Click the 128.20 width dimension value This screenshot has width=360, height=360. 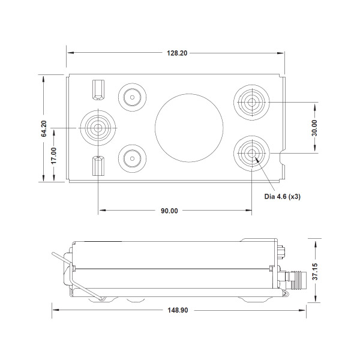coord(177,53)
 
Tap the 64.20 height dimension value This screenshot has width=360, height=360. coord(44,128)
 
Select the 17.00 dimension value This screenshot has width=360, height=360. coord(54,155)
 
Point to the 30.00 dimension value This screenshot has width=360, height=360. coord(314,128)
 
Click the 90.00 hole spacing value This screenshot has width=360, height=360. coord(169,211)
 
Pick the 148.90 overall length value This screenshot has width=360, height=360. coord(178,310)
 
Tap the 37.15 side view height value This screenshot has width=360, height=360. coord(315,272)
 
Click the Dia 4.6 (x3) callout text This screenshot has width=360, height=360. coord(282,197)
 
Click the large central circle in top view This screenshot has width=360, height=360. coord(189,128)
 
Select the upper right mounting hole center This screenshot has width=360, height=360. coord(251,102)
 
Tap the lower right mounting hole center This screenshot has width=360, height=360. coord(251,153)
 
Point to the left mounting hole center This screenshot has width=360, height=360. coord(98,128)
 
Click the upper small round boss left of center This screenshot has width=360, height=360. coord(132,97)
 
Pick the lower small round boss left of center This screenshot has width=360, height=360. coord(132,158)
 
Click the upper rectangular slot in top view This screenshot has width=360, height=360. coord(98,90)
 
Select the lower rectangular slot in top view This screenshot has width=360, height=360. coord(98,166)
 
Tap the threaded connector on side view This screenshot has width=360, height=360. coord(295,280)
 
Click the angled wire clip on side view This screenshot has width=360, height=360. coord(77,276)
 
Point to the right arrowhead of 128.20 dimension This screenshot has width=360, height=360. coord(280,53)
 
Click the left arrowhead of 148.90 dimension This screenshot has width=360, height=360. coord(56,310)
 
